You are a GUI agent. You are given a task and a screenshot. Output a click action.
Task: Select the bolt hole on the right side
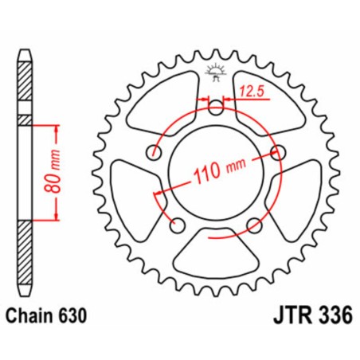(278, 152)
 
